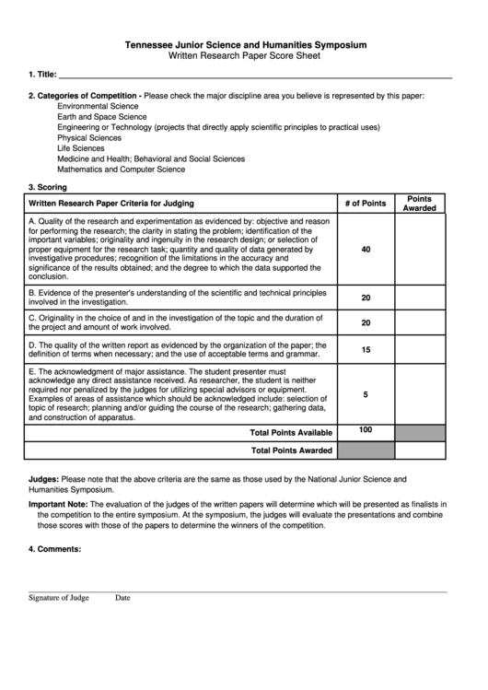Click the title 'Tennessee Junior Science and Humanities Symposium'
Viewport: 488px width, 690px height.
[x=245, y=44]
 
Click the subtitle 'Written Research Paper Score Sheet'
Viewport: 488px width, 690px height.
[x=245, y=55]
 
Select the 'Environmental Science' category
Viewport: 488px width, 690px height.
[x=97, y=107]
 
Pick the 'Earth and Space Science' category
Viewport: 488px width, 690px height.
[x=101, y=117]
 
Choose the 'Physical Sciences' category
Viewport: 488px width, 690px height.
[x=89, y=137]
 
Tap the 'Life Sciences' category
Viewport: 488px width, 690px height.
[x=81, y=147]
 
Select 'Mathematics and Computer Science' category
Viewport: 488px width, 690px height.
[x=121, y=169]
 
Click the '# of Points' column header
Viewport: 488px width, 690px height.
[x=366, y=203]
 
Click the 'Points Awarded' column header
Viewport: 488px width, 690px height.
[x=420, y=203]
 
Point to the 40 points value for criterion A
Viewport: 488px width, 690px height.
[x=366, y=250]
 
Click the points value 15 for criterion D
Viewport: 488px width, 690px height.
[x=366, y=350]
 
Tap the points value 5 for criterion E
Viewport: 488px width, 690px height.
[x=366, y=394]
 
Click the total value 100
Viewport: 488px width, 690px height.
[x=366, y=430]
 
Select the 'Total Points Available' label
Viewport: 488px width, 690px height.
[x=291, y=432]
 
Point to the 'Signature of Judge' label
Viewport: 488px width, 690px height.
[x=58, y=598]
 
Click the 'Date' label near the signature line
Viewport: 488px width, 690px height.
[x=122, y=598]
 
